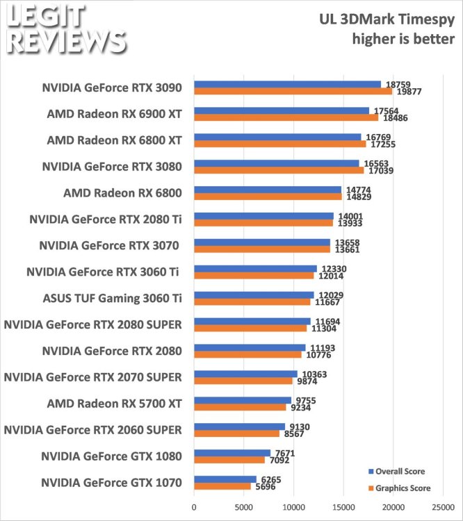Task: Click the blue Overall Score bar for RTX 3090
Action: point(287,84)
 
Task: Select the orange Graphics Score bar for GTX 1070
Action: point(222,486)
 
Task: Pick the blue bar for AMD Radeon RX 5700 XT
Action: point(242,400)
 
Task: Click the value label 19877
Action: point(407,91)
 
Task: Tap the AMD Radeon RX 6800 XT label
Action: point(114,140)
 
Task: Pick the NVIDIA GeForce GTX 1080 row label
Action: point(111,456)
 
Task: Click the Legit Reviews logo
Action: point(64,29)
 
